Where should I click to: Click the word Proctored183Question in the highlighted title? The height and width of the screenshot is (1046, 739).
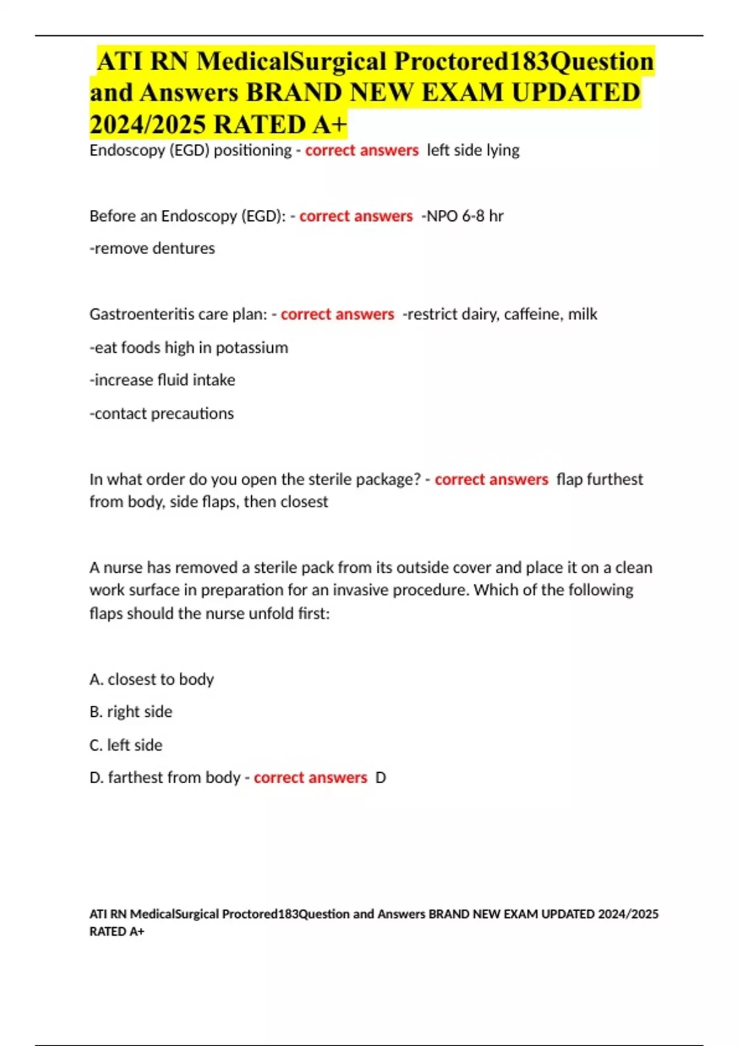(x=523, y=61)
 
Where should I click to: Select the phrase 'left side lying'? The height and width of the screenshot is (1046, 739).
(x=473, y=150)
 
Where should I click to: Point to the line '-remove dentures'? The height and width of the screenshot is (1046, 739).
(x=152, y=249)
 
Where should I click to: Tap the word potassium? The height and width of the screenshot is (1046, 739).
(x=252, y=348)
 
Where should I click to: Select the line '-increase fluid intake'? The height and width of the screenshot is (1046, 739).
(x=163, y=380)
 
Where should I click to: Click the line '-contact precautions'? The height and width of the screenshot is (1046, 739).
(x=162, y=413)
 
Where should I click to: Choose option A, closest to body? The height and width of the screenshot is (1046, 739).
(x=151, y=679)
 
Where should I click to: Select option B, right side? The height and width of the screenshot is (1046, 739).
(x=131, y=712)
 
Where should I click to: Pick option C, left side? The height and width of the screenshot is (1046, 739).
(x=126, y=745)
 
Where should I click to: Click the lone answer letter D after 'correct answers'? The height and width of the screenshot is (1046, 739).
(x=381, y=778)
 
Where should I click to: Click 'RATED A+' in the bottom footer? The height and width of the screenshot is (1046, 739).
(x=117, y=932)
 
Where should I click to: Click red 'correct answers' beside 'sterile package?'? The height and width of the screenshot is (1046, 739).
(x=491, y=479)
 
